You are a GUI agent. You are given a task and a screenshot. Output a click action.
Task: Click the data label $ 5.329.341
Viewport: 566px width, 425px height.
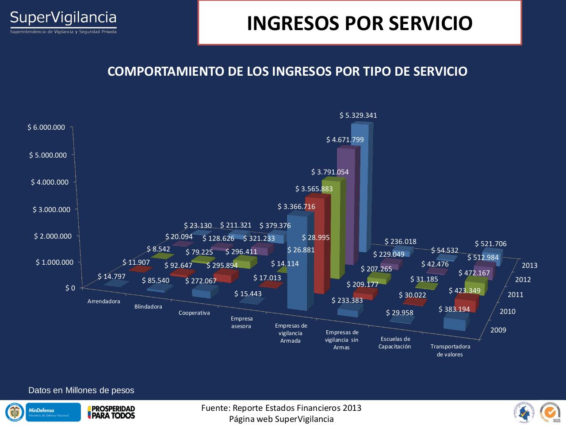tap(358, 116)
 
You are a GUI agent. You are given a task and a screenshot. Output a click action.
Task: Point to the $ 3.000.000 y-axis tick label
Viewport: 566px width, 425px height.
tap(51, 209)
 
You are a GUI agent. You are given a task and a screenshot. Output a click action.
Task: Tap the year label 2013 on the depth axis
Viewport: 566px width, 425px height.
tap(529, 265)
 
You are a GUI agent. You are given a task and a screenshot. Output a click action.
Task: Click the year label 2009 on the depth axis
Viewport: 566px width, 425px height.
tap(498, 330)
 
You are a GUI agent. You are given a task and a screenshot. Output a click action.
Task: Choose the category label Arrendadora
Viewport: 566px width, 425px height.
tap(104, 301)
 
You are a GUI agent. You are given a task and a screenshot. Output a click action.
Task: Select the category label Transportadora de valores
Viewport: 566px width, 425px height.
tap(450, 350)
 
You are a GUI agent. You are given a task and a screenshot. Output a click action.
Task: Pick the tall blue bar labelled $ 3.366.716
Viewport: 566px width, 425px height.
tap(300, 261)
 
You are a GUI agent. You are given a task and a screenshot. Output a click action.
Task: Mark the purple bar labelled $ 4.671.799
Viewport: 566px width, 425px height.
tap(347, 204)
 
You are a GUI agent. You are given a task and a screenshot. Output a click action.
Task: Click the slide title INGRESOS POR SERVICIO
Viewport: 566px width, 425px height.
tap(359, 23)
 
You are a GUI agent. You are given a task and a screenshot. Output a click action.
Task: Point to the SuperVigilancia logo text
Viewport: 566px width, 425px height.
tap(63, 18)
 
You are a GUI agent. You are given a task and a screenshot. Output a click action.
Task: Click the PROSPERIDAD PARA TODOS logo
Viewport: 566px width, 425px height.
tap(111, 412)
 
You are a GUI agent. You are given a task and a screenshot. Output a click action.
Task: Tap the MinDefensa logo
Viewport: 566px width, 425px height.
tap(53, 412)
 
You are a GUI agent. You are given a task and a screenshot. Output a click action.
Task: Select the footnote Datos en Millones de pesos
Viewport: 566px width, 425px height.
tap(81, 390)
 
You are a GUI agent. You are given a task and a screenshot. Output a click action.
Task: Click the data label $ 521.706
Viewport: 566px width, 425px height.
tap(490, 244)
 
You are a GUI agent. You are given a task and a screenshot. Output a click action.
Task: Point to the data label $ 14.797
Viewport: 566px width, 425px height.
tap(111, 277)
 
